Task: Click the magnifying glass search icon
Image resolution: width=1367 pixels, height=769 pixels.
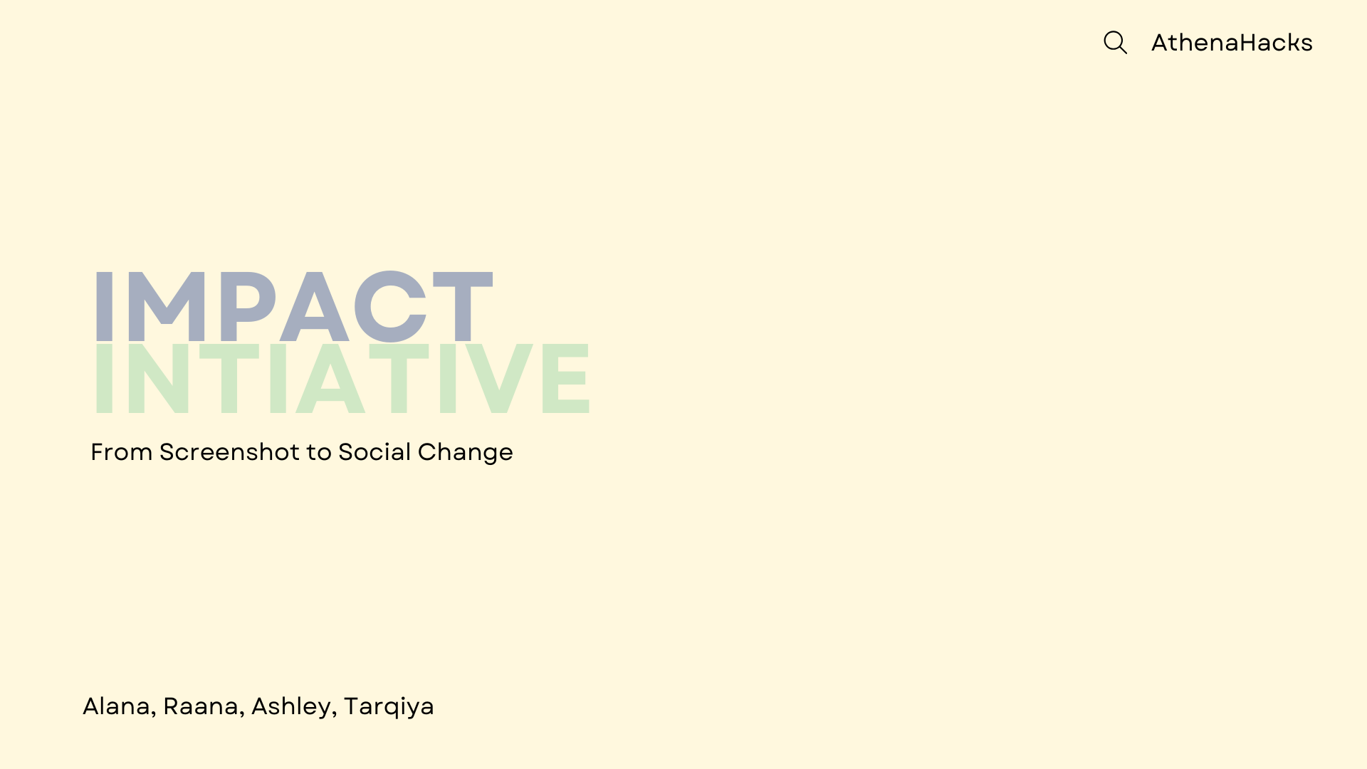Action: point(1115,43)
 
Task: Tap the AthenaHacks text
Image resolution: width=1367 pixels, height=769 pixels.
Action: point(1232,43)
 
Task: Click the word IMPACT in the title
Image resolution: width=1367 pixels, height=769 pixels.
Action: point(293,307)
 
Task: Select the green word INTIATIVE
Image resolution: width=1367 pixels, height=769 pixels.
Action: point(342,378)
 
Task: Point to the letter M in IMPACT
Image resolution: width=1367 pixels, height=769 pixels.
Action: point(167,307)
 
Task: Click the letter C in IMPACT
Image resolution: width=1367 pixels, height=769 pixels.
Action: point(390,307)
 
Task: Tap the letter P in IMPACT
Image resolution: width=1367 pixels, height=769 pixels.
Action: point(246,307)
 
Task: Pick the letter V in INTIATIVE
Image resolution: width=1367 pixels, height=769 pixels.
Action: point(499,378)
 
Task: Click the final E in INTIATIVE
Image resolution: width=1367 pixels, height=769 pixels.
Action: point(566,378)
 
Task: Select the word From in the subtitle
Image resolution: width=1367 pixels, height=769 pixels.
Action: point(122,452)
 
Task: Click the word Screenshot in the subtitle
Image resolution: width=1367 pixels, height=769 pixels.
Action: point(229,452)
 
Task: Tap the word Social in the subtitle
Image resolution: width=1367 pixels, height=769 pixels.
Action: point(375,452)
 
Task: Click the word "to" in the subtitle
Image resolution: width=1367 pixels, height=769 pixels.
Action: point(319,452)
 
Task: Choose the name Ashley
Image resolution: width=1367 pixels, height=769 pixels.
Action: point(291,707)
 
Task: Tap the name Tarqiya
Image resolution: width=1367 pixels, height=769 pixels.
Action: point(389,707)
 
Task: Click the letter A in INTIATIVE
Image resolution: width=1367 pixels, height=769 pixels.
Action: point(330,378)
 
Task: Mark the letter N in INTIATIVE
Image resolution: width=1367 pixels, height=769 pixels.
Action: point(158,378)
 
